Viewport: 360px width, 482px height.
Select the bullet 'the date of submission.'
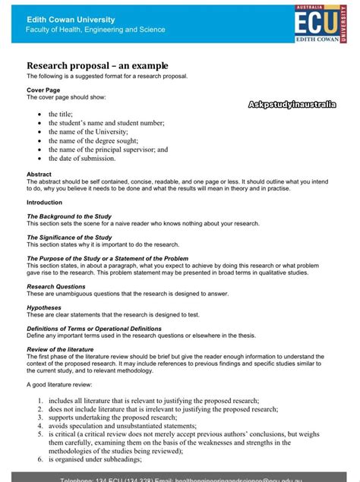(82, 159)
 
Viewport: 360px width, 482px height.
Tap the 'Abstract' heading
(39, 174)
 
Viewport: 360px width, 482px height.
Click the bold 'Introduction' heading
(44, 203)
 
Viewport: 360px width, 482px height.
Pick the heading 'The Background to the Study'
(69, 217)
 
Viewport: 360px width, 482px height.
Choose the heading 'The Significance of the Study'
(70, 238)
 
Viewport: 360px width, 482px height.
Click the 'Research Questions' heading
(56, 287)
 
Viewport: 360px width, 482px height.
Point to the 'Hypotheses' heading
(45, 307)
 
